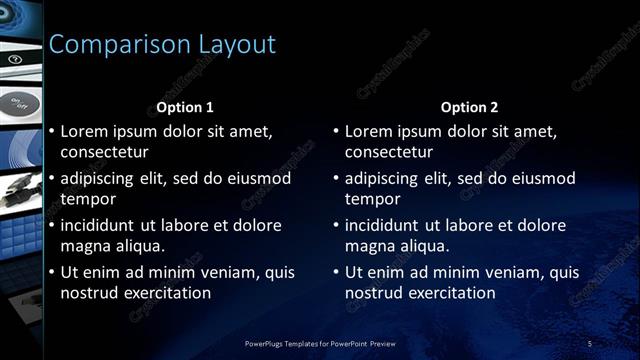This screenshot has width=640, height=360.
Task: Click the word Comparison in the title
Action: tap(111, 45)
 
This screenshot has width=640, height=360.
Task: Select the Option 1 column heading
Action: tap(185, 107)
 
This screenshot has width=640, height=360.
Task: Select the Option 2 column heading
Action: tap(469, 107)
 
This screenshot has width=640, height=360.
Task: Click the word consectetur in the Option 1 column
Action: tap(104, 152)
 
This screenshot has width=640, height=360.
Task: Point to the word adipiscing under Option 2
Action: tap(384, 178)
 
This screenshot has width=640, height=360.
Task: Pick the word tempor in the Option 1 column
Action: tap(86, 199)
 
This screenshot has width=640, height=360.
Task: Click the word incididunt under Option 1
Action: tap(103, 225)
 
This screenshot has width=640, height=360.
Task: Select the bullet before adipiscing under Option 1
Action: tap(51, 178)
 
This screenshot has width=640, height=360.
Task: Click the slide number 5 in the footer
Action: tap(590, 344)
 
